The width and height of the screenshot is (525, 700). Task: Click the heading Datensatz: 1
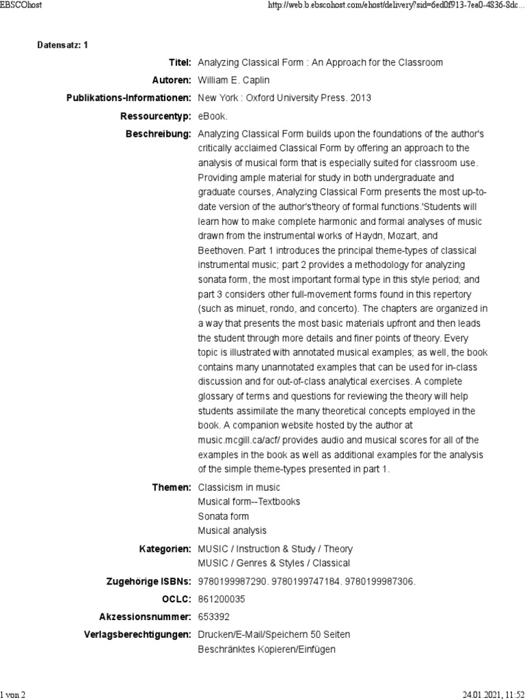62,45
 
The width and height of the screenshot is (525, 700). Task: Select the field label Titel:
179,63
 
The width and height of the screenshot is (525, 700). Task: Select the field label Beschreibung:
158,134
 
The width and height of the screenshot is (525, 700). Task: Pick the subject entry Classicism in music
239,487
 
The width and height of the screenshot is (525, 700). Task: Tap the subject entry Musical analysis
232,530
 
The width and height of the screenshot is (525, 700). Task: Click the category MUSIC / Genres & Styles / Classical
273,563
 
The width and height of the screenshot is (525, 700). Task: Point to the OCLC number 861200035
221,600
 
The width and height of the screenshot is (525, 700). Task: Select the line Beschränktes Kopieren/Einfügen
267,649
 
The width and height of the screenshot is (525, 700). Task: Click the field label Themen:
172,487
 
